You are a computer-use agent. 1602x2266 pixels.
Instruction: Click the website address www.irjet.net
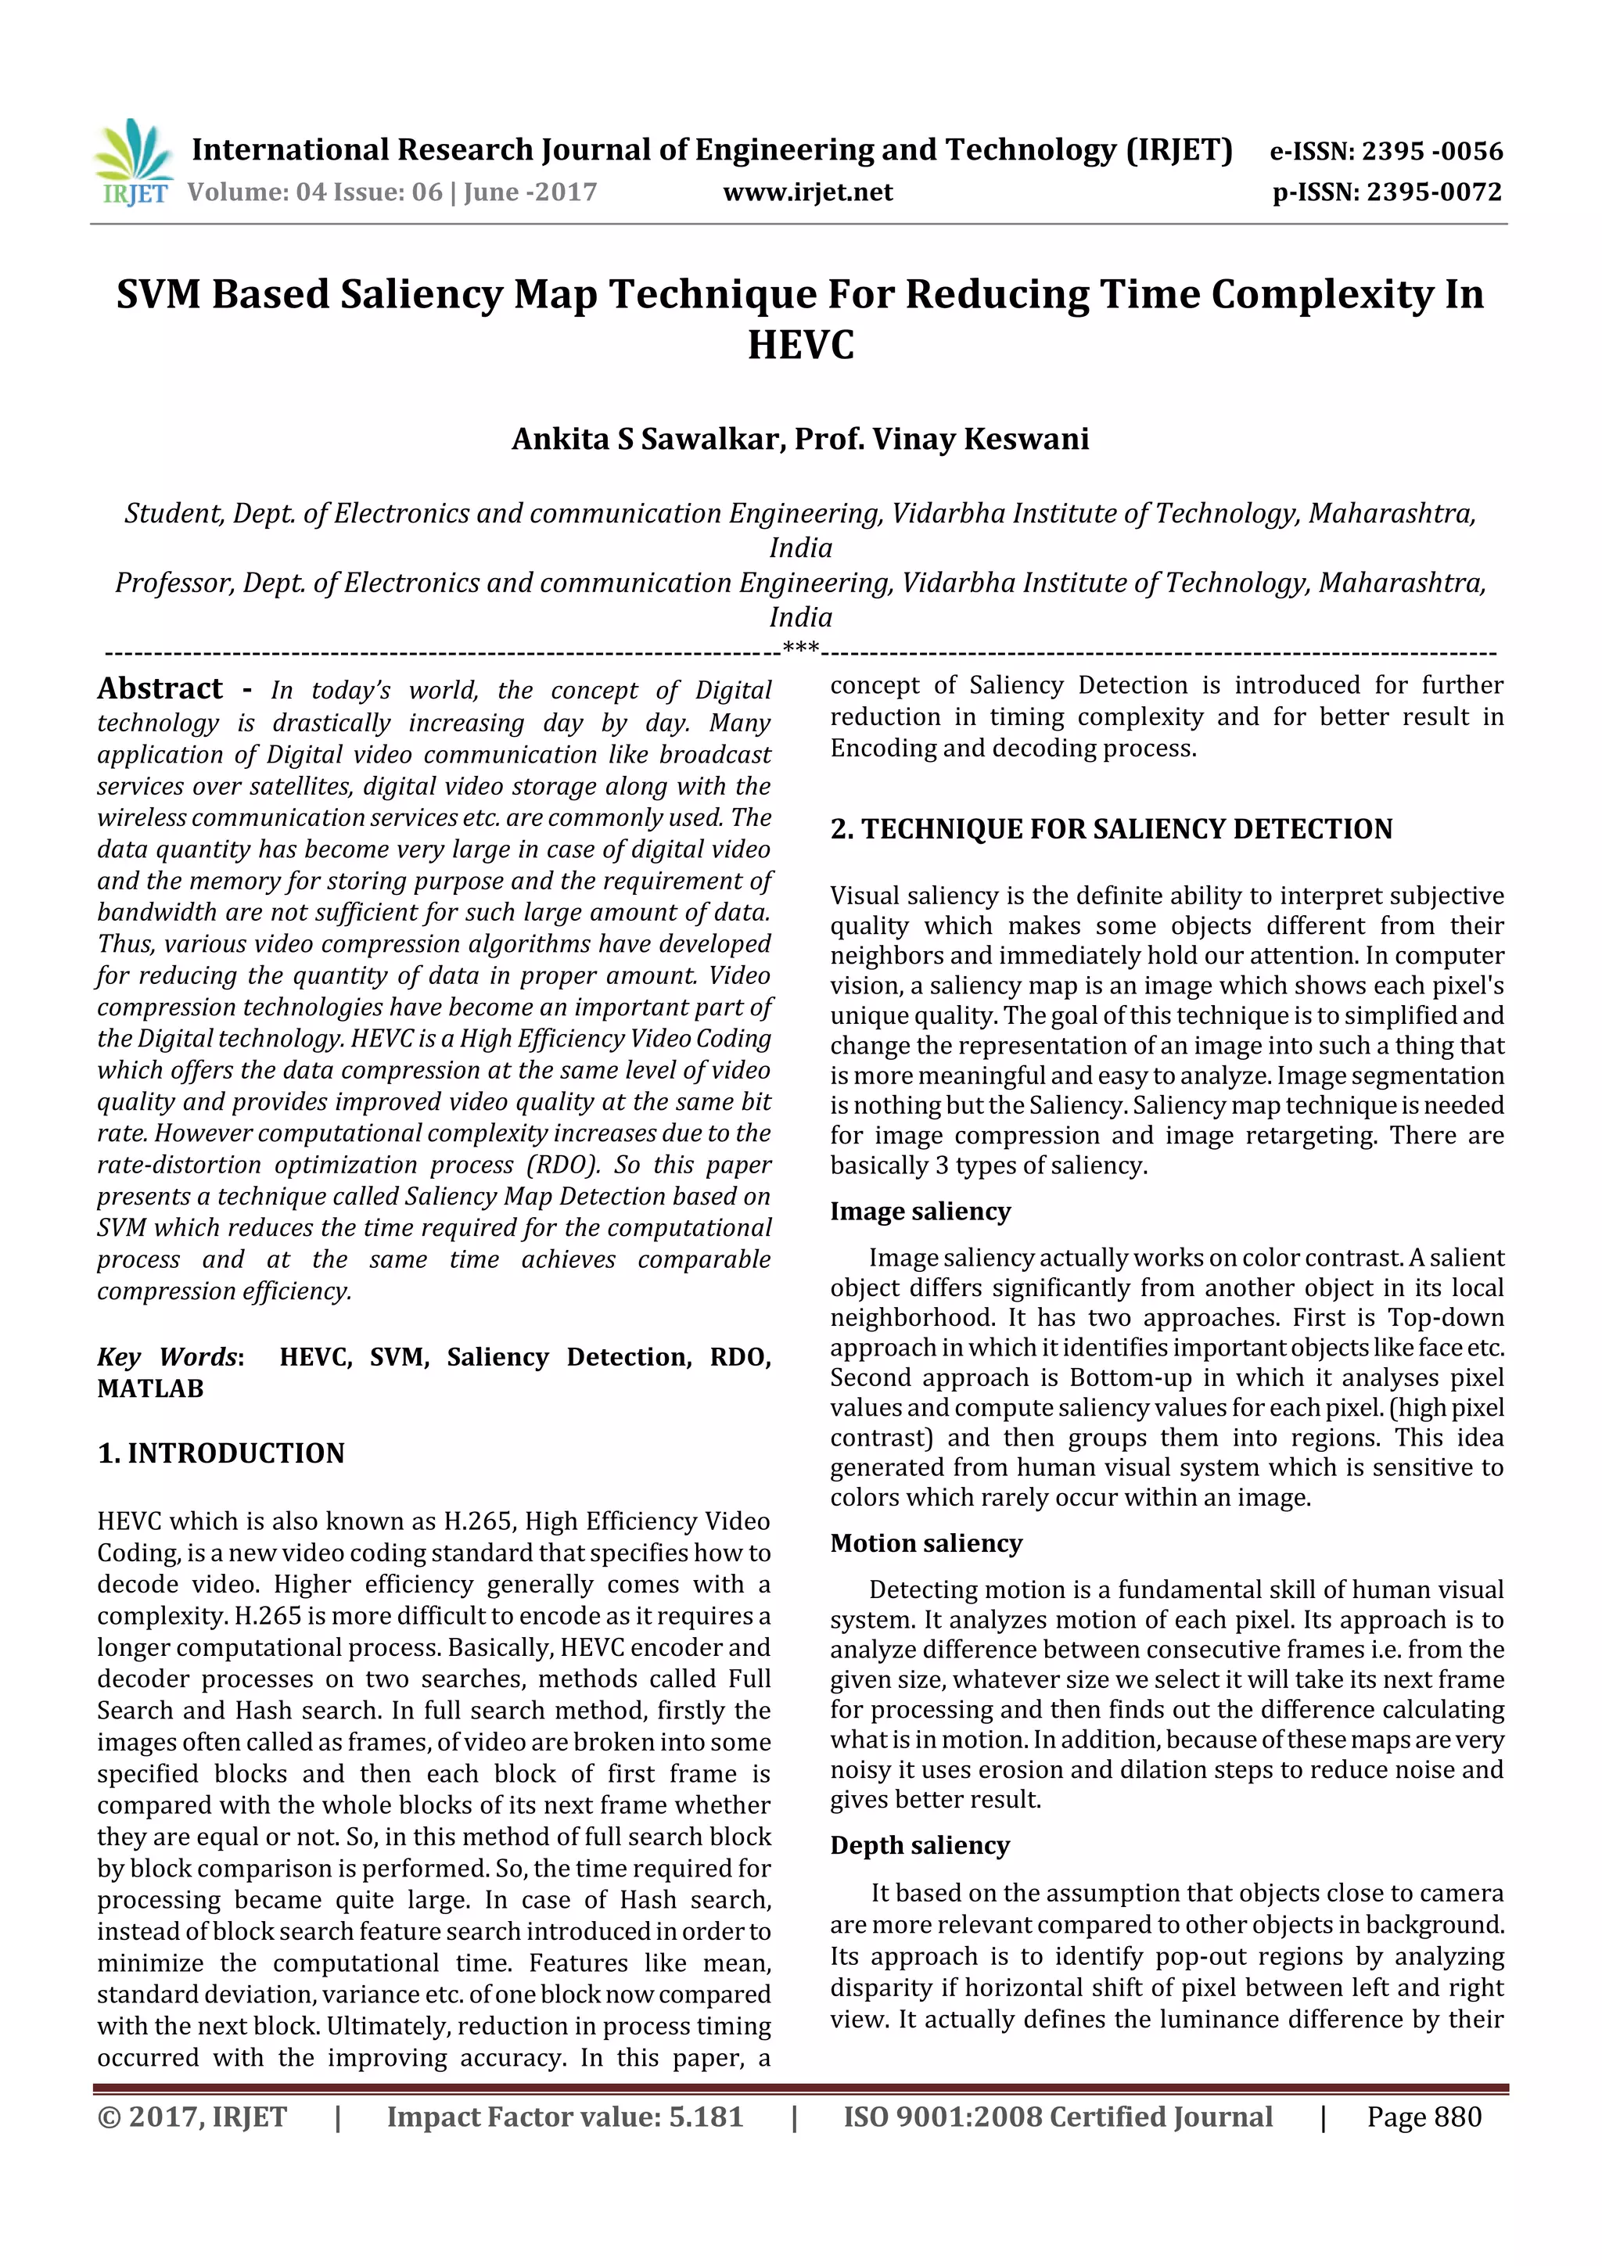[807, 192]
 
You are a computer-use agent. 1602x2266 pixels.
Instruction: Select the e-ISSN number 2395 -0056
[1431, 152]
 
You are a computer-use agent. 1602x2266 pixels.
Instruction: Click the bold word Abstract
[160, 689]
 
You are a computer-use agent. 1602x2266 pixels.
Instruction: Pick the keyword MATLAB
[150, 1388]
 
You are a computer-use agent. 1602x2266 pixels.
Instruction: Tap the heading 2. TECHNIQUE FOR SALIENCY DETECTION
[1111, 829]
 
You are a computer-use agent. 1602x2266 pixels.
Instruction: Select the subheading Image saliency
[920, 1211]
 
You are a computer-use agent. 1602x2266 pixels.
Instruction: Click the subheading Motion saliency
[926, 1543]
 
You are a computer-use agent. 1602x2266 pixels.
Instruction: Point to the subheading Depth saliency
[920, 1845]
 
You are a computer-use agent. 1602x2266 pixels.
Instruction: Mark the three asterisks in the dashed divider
[799, 648]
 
